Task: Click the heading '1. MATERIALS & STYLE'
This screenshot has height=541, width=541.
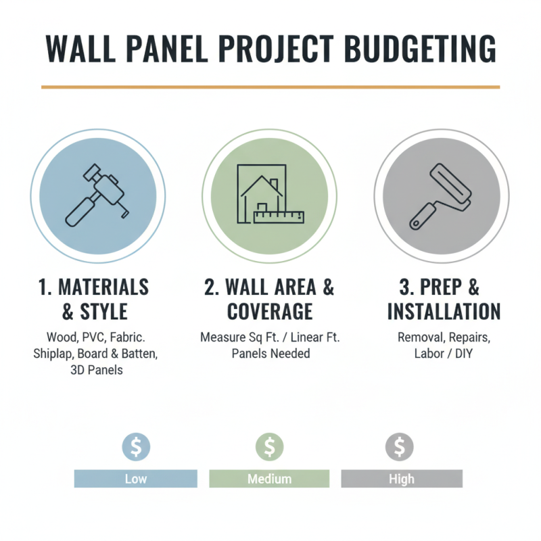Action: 93,299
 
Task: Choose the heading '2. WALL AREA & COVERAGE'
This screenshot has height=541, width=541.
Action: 270,299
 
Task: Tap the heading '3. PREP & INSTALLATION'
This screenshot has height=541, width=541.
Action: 444,299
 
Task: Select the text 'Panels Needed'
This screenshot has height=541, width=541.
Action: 270,353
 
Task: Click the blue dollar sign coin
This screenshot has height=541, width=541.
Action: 136,447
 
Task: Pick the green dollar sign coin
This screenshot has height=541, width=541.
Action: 269,447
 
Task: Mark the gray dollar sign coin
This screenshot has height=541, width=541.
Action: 400,447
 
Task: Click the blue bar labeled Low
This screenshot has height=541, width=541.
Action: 135,479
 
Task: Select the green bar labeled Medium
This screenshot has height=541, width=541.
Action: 269,479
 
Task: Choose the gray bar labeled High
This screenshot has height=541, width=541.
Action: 401,479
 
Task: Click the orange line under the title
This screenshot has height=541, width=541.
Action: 270,87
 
